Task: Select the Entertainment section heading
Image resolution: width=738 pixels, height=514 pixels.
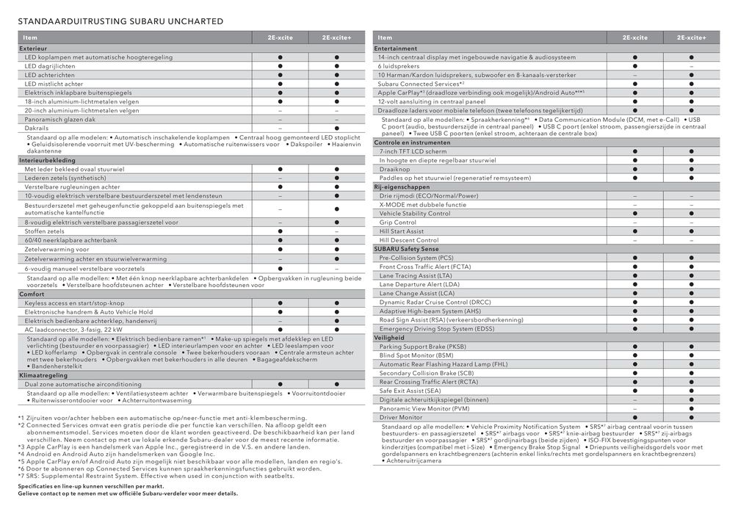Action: [x=396, y=48]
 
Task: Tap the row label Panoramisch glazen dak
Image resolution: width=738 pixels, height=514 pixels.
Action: [x=60, y=119]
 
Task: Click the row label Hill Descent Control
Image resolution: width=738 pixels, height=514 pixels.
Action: [x=409, y=240]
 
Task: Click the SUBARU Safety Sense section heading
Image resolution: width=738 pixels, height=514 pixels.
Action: [x=410, y=249]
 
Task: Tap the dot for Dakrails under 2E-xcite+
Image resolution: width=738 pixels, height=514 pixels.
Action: [x=336, y=128]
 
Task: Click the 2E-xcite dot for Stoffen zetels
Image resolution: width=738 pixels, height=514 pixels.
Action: [x=280, y=231]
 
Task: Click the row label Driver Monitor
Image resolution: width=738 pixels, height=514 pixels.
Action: [x=400, y=417]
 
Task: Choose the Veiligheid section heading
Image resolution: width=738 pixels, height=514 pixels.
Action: [x=389, y=338]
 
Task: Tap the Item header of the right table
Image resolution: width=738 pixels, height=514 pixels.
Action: [x=384, y=37]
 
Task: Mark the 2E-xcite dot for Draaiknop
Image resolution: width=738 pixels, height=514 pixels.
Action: [x=635, y=169]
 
